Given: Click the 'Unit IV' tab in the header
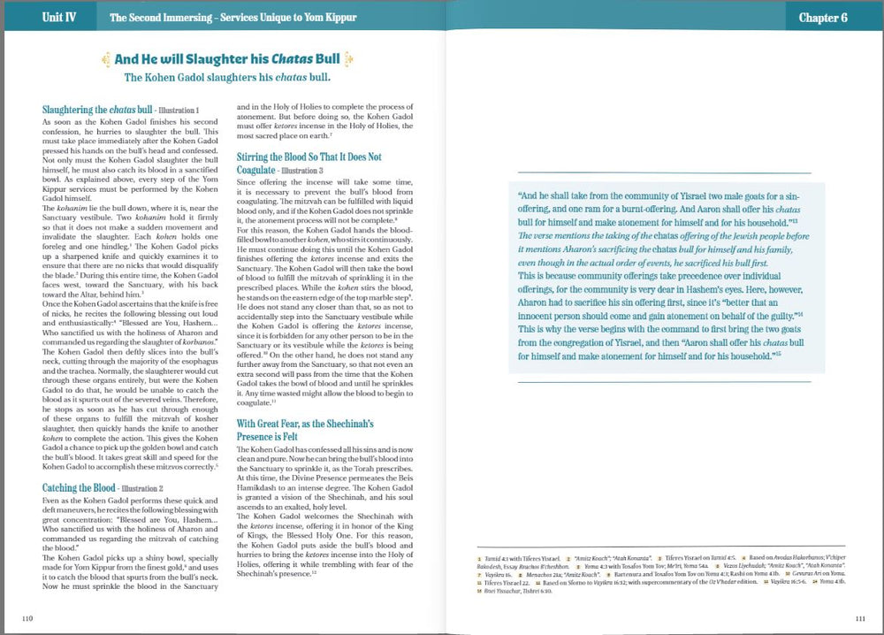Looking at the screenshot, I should click(x=58, y=17).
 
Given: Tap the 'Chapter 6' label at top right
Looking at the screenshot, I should click(x=823, y=17).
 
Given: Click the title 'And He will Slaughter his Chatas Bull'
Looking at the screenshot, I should click(x=227, y=59).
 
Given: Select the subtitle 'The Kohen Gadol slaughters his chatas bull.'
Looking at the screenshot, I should click(x=227, y=77).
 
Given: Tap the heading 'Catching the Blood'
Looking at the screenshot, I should click(x=79, y=487).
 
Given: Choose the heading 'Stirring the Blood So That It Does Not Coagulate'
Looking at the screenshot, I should click(x=309, y=163).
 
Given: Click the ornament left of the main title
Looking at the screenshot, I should click(x=104, y=59).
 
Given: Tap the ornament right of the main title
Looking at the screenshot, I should click(x=350, y=59).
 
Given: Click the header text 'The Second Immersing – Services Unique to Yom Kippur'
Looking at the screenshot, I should click(x=232, y=17).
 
